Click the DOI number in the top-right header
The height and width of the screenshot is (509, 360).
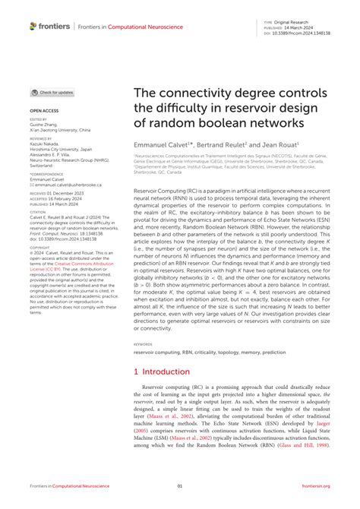pyautogui.click(x=308, y=33)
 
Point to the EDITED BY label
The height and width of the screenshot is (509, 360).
pyautogui.click(x=38, y=119)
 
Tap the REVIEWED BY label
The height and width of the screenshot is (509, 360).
pyautogui.click(x=40, y=140)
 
